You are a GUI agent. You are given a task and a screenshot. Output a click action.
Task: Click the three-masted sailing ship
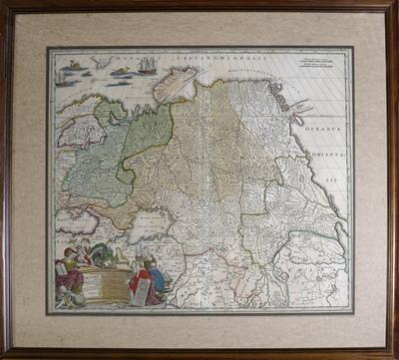(x=148, y=65)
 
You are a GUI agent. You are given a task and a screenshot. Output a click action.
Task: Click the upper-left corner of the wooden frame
(x=4, y=4)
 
